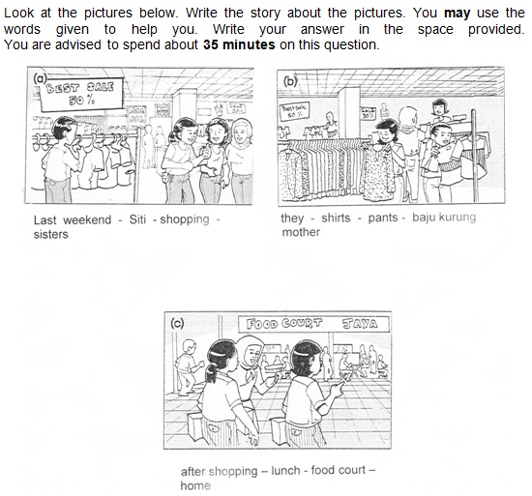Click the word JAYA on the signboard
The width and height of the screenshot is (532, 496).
(357, 324)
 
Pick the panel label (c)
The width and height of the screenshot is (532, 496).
(176, 324)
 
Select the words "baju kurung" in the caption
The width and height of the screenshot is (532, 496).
(444, 218)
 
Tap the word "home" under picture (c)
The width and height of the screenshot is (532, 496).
(194, 485)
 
